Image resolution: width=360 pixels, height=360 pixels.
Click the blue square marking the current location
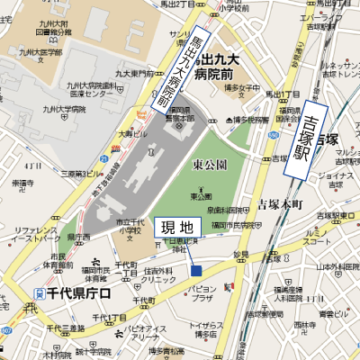195,271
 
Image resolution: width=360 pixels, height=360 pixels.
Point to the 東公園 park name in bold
209,166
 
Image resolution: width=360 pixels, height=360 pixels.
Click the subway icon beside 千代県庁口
39,294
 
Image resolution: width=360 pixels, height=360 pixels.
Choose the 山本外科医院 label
341,268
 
